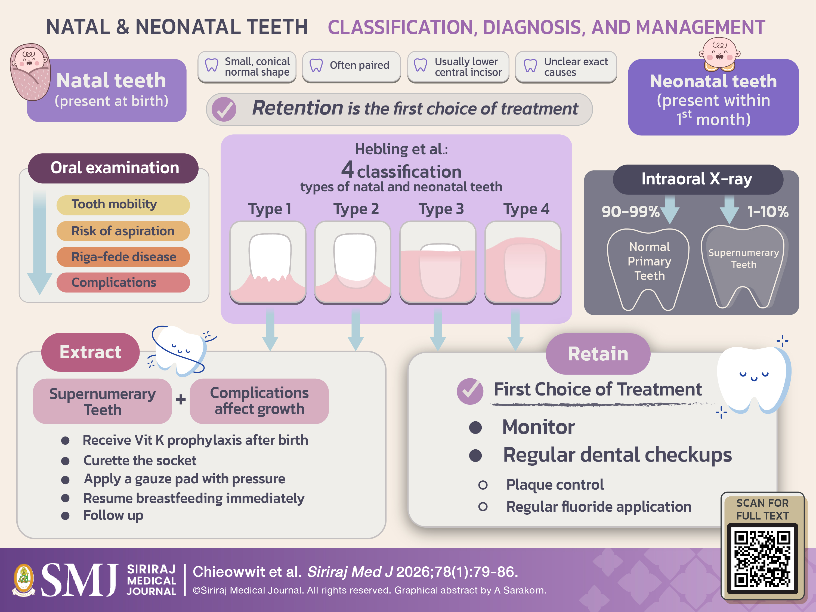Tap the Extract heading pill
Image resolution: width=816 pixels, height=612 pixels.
[x=90, y=352]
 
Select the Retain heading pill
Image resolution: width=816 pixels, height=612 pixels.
[x=598, y=354]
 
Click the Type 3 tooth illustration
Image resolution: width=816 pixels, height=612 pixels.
[x=438, y=262]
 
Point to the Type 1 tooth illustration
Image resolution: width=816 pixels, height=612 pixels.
[x=268, y=262]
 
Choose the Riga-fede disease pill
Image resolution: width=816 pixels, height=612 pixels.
[x=123, y=257]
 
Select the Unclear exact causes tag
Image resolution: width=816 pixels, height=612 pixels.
[x=566, y=66]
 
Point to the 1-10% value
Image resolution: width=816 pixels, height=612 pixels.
[x=768, y=211]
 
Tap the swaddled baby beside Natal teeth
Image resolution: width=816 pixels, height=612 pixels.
[x=30, y=72]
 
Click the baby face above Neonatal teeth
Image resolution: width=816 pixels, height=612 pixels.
[x=719, y=54]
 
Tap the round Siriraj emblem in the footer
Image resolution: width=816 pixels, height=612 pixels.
[x=24, y=580]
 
